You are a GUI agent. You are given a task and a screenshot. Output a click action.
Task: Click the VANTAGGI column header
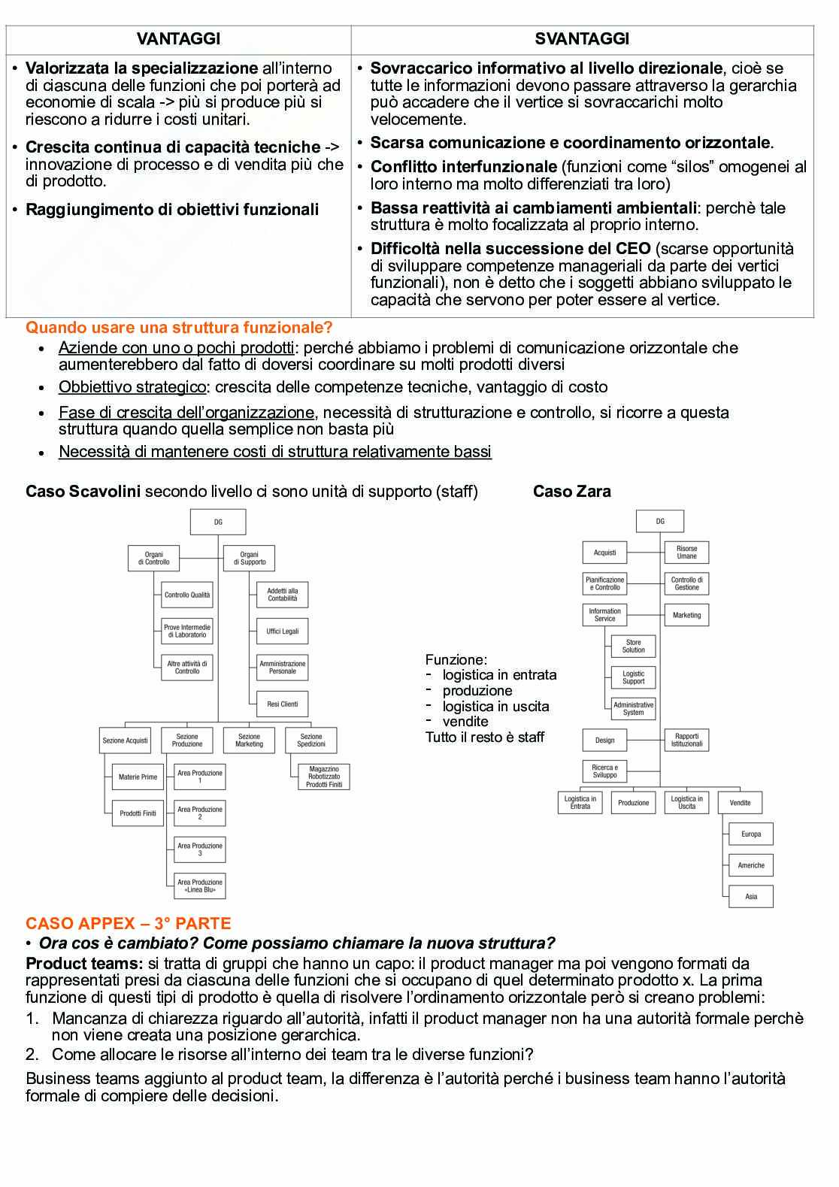coord(178,39)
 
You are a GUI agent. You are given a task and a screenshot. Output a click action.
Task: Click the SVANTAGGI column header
coord(582,39)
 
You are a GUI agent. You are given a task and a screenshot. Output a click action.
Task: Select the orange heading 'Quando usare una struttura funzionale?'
coord(179,328)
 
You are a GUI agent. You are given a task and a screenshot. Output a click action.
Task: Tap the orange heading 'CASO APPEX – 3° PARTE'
coord(129,923)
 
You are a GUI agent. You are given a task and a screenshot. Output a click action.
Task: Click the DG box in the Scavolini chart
coord(218,522)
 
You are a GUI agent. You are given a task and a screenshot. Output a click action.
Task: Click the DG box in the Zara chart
coord(660,521)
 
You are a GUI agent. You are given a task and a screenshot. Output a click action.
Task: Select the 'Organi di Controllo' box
coord(153,558)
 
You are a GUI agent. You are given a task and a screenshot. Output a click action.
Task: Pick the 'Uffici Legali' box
coord(283,631)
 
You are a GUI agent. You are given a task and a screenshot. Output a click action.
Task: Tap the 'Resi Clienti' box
coord(283,704)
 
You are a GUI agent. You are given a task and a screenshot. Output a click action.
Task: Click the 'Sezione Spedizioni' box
coord(311,740)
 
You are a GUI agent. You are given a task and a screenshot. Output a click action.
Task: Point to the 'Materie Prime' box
coord(138,777)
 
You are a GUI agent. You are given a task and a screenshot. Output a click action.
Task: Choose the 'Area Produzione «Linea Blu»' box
coord(200,886)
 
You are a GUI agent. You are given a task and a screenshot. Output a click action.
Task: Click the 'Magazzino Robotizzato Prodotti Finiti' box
coord(324,777)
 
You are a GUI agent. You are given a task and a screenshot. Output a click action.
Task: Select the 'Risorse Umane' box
coord(686,553)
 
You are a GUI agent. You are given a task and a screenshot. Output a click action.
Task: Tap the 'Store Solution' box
coord(634,646)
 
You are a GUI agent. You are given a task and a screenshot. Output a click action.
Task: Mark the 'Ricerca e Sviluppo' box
coord(604,771)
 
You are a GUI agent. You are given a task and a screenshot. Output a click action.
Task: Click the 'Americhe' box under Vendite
coord(751,865)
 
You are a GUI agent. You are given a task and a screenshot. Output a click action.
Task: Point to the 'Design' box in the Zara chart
coord(604,740)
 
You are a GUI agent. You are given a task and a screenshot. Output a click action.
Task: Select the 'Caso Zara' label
coord(571,492)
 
